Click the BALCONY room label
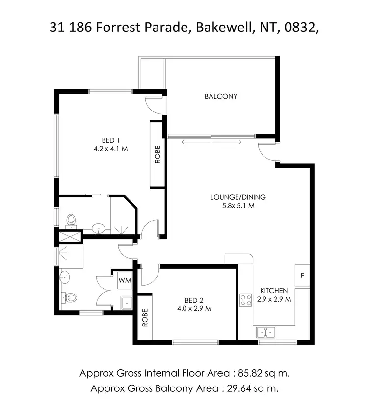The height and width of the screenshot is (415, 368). [x=220, y=96]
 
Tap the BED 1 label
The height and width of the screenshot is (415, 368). [x=107, y=141]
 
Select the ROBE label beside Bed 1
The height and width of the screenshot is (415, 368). [x=158, y=155]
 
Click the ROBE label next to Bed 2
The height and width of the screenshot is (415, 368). [x=145, y=318]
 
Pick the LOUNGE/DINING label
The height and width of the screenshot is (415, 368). [x=238, y=197]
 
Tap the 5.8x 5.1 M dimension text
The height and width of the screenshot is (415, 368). [x=238, y=206]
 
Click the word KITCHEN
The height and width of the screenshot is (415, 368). [x=274, y=291]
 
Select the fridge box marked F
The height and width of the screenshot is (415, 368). [x=302, y=275]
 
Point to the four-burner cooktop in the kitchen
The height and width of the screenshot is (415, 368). [x=245, y=300]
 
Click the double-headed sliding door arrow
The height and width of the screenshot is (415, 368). [x=211, y=142]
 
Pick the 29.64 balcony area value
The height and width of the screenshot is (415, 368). [x=239, y=389]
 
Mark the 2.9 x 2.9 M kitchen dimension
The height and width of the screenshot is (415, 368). [x=274, y=299]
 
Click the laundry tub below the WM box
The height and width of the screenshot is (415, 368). [x=127, y=303]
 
